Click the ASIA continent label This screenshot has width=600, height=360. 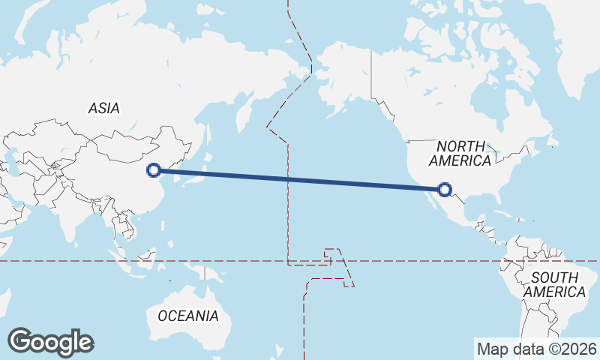tap(103, 108)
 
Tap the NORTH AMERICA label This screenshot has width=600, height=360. tap(460, 154)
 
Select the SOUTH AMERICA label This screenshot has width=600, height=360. tap(555, 284)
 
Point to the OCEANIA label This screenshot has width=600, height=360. tap(188, 316)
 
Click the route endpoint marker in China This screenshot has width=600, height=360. tap(154, 170)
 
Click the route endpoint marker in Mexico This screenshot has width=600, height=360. tap(445, 190)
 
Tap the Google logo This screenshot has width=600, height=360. tap(50, 342)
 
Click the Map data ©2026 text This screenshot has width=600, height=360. tap(537, 349)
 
